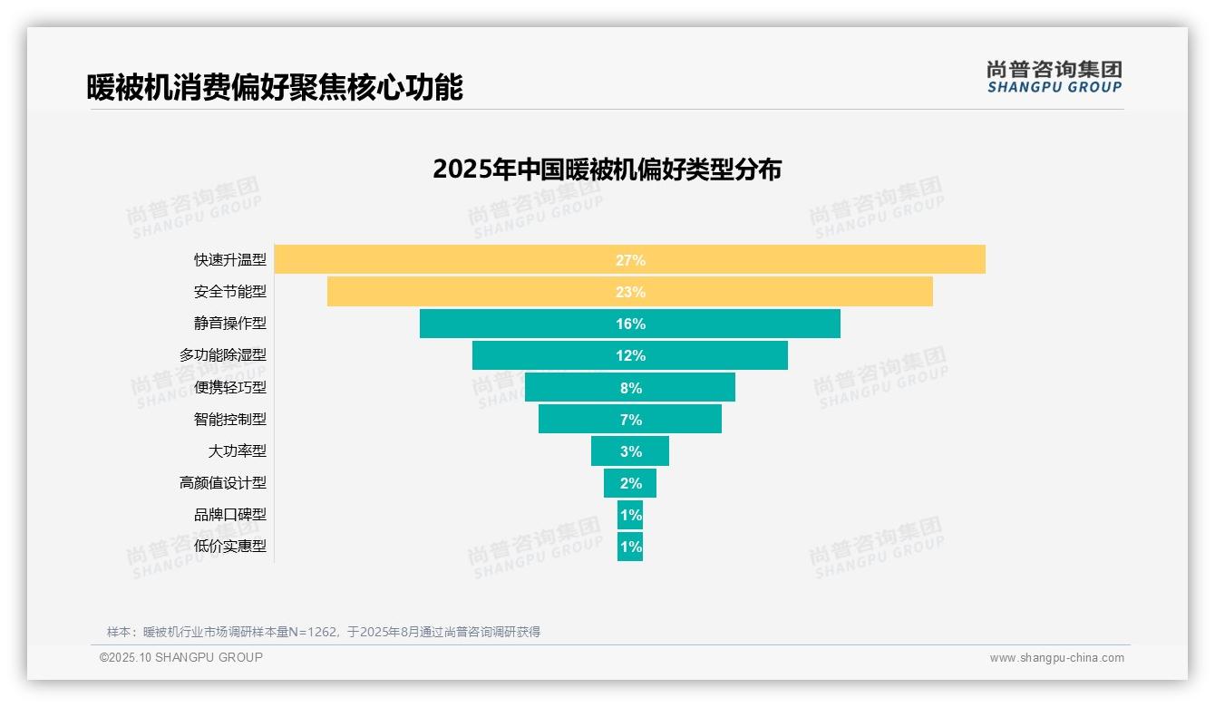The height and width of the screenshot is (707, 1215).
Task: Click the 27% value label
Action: pos(630,260)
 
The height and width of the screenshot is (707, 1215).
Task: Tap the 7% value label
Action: pos(630,420)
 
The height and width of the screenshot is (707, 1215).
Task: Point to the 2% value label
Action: pos(630,483)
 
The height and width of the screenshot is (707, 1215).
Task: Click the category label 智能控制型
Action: pos(230,419)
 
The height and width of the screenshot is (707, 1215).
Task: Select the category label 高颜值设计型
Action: pos(223,483)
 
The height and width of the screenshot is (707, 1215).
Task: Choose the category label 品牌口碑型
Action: pos(230,515)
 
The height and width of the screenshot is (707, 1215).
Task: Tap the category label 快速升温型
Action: pos(230,260)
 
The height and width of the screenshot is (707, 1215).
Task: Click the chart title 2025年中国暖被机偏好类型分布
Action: pos(607,169)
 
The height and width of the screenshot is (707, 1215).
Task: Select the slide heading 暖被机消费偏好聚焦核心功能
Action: pos(275,87)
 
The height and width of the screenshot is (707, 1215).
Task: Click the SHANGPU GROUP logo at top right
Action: pos(1054,77)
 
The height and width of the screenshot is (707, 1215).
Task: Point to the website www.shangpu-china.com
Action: pos(1056,658)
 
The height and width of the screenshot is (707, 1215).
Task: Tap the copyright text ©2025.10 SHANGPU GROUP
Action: pos(181,657)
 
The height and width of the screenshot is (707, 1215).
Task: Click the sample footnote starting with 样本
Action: pos(324,632)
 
